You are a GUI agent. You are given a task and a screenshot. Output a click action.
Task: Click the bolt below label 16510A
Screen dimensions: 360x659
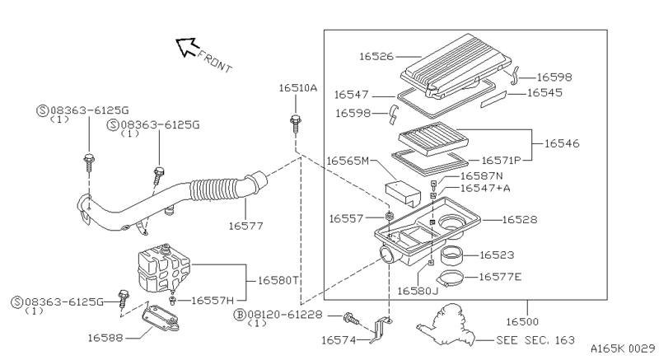(x=296, y=123)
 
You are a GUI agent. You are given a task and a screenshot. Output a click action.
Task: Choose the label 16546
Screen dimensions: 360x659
(x=560, y=143)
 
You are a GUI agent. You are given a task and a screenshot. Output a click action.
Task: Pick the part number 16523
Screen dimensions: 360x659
(x=497, y=256)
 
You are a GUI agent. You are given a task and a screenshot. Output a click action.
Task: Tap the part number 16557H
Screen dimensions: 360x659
(x=213, y=301)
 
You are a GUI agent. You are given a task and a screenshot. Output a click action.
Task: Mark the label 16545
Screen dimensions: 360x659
(x=544, y=93)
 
